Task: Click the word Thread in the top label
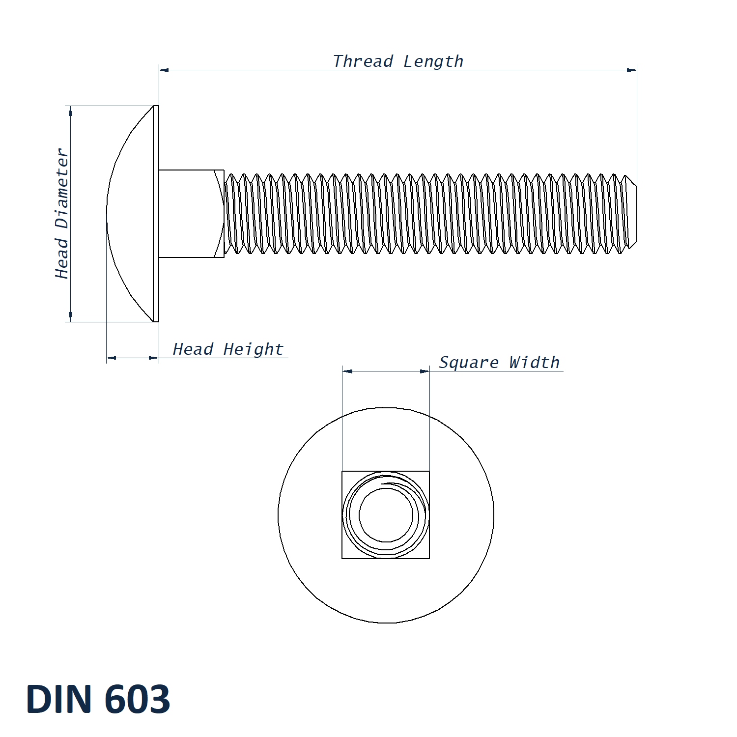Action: pyautogui.click(x=363, y=61)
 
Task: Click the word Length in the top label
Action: pyautogui.click(x=433, y=61)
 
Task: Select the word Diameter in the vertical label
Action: pyautogui.click(x=62, y=189)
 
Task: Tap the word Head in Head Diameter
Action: pyautogui.click(x=62, y=258)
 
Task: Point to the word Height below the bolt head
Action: pyautogui.click(x=254, y=349)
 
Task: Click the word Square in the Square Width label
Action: pyautogui.click(x=469, y=363)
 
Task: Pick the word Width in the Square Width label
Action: pyautogui.click(x=534, y=363)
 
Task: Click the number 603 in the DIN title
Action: pyautogui.click(x=137, y=699)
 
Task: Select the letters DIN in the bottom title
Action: pyautogui.click(x=59, y=699)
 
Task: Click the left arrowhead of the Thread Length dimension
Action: pyautogui.click(x=164, y=70)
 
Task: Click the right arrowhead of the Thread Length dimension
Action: pyautogui.click(x=632, y=70)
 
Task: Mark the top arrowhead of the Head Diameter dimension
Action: pyautogui.click(x=71, y=111)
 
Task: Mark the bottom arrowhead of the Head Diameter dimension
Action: pyautogui.click(x=71, y=317)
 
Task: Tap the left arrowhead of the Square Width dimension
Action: pyautogui.click(x=347, y=371)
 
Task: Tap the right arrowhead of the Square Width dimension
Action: pyautogui.click(x=425, y=371)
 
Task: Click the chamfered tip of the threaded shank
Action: pyautogui.click(x=632, y=214)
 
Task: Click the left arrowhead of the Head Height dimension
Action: pyautogui.click(x=112, y=358)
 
